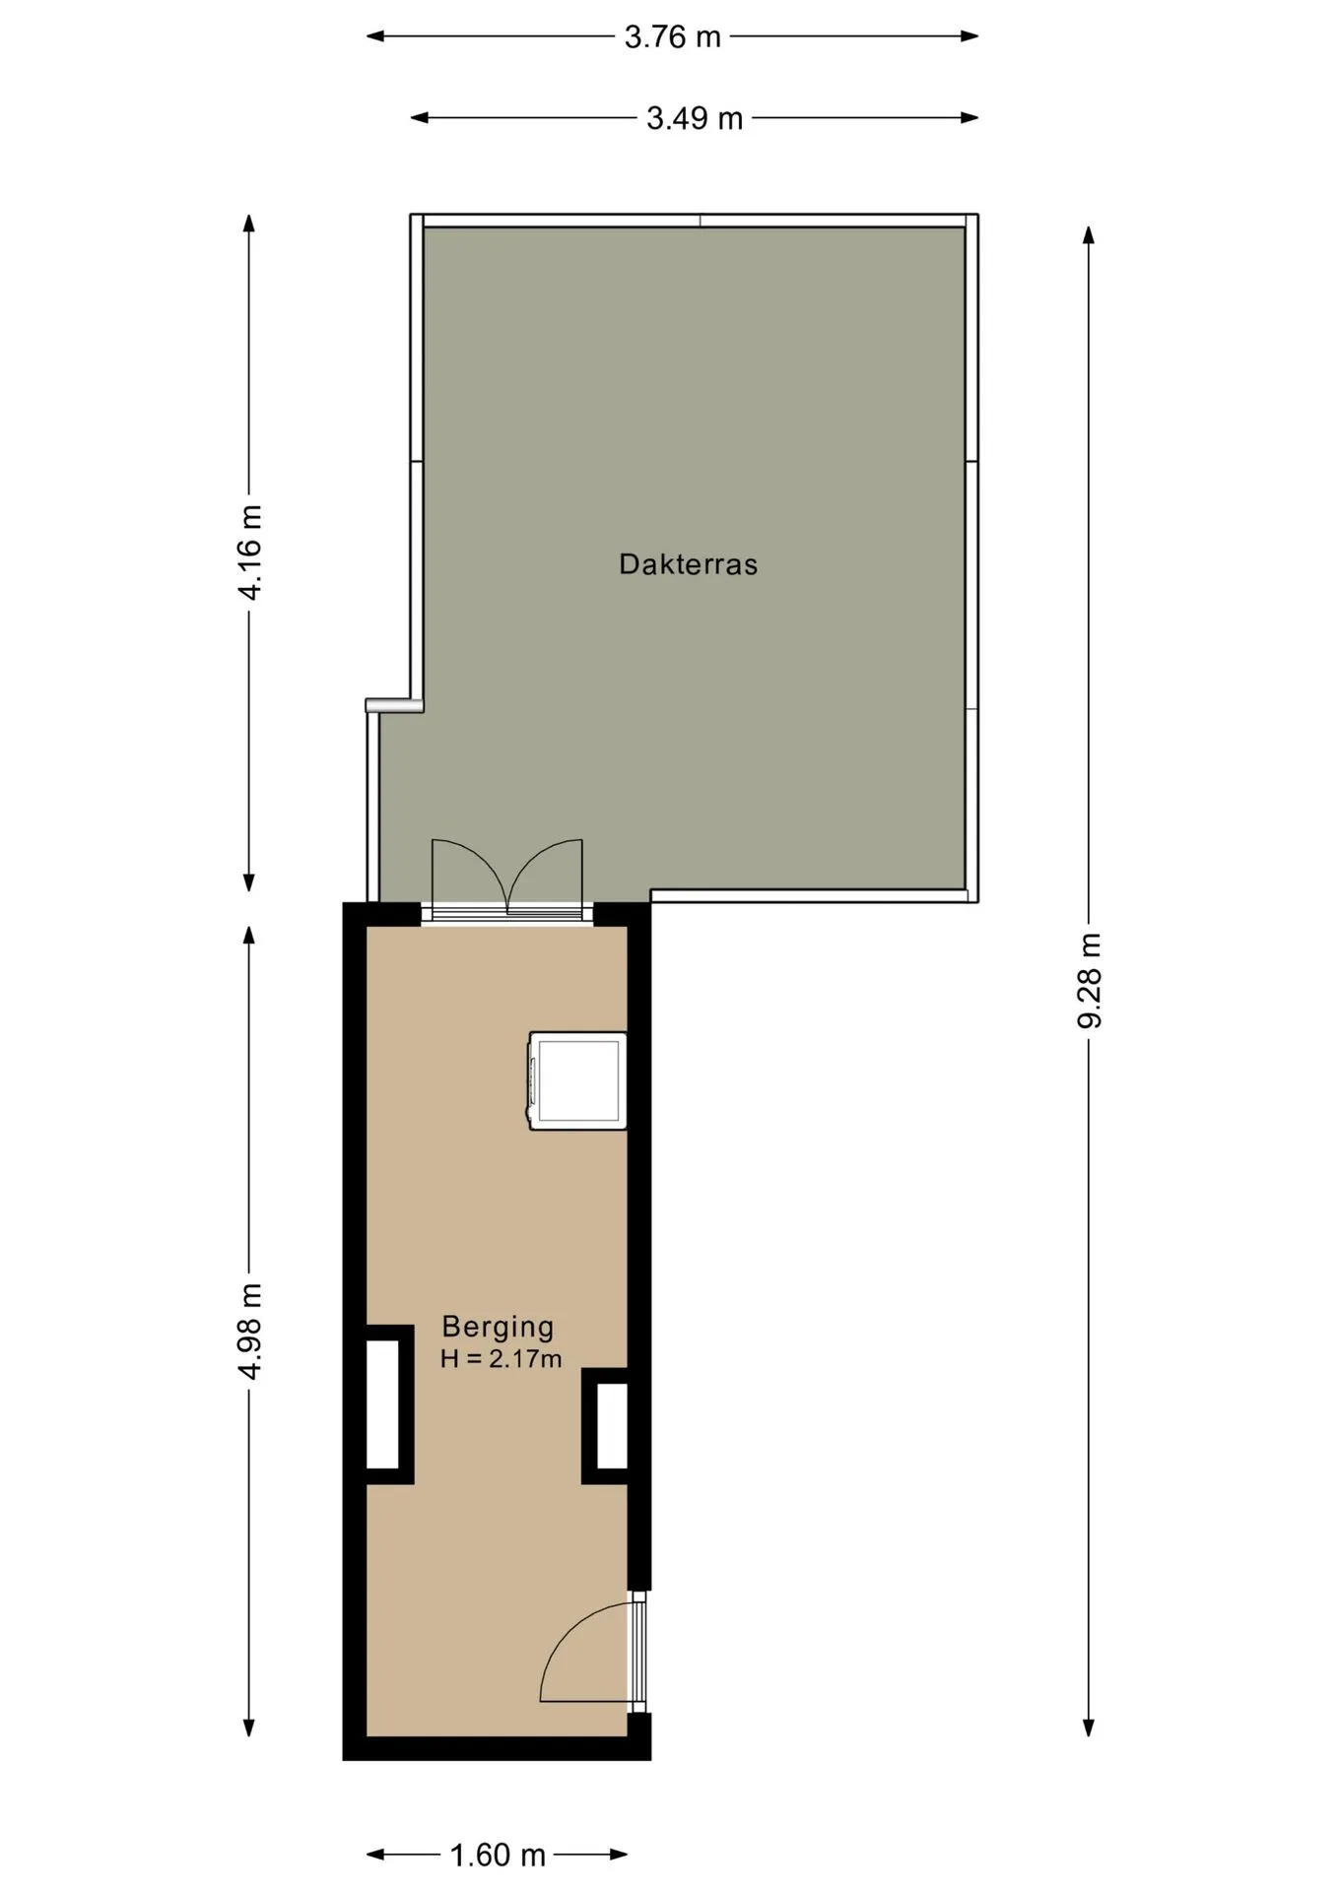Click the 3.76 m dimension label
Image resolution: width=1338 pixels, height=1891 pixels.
click(673, 37)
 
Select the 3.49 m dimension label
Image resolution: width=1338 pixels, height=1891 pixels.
click(695, 119)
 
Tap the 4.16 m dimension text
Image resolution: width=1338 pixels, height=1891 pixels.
click(250, 552)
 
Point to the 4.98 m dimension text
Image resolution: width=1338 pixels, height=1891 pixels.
click(250, 1332)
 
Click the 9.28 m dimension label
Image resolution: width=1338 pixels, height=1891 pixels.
click(1089, 980)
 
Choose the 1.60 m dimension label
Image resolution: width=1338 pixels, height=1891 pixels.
click(498, 1856)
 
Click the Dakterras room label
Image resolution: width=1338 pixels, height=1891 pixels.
click(688, 564)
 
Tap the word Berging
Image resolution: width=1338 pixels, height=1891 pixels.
click(498, 1327)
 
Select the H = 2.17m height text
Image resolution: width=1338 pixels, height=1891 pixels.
click(501, 1359)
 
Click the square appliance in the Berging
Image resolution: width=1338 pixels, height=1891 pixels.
click(578, 1080)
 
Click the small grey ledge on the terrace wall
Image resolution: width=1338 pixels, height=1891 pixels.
click(394, 704)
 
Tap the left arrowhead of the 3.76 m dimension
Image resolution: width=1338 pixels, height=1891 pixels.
click(374, 36)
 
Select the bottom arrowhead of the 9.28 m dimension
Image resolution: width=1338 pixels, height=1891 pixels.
click(1089, 1728)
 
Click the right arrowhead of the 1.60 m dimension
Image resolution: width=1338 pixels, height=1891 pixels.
click(620, 1855)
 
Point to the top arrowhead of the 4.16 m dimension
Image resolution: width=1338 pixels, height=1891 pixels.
click(249, 223)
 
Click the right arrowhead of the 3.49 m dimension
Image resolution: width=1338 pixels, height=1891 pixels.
click(970, 118)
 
